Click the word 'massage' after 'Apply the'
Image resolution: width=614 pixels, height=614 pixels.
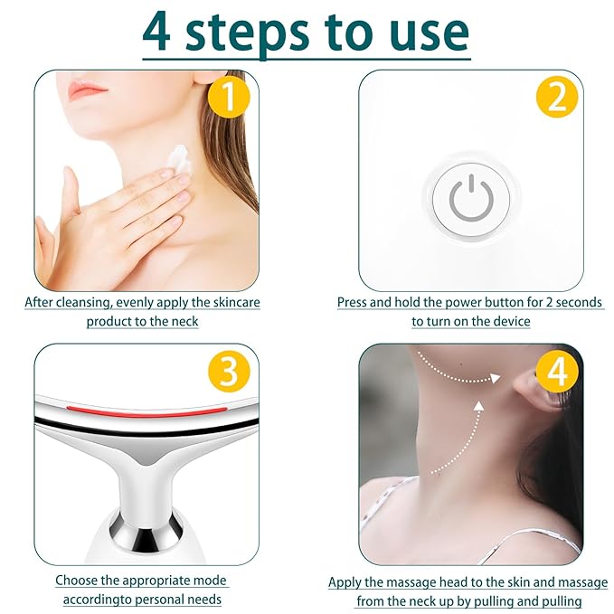pos(436,582)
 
